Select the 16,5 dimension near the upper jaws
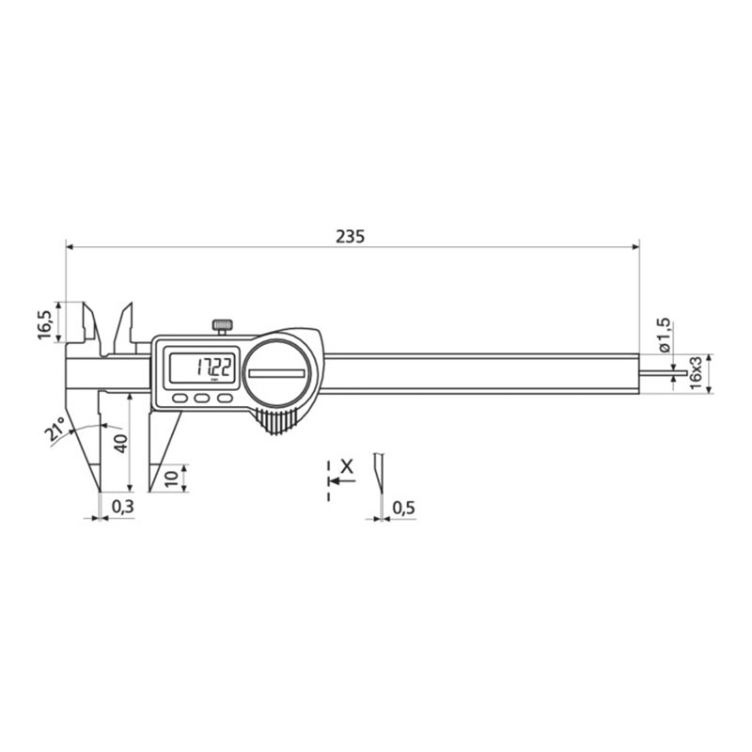(x=44, y=321)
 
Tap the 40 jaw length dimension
(x=118, y=444)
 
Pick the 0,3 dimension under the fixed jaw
(x=122, y=507)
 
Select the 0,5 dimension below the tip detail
(x=403, y=507)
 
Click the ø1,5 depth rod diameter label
(x=665, y=336)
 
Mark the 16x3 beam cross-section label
(x=696, y=372)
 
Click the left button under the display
(x=179, y=399)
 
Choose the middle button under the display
(x=201, y=399)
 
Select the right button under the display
(x=224, y=399)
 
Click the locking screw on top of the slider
(x=222, y=325)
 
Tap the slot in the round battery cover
(x=276, y=373)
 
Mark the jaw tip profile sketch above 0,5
(x=378, y=475)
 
